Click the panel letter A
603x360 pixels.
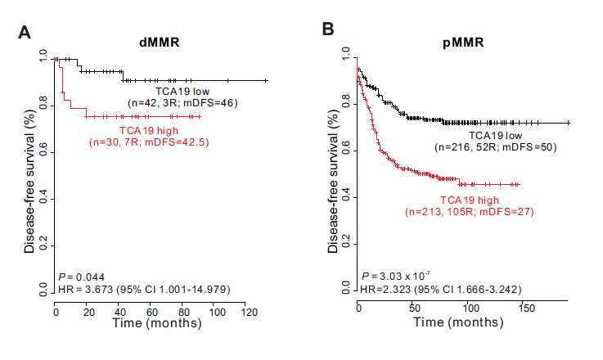pyautogui.click(x=25, y=32)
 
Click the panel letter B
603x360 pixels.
pyautogui.click(x=327, y=29)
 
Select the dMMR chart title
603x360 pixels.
pyautogui.click(x=160, y=42)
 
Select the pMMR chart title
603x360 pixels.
pyautogui.click(x=463, y=42)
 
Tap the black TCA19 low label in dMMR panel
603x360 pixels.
pyautogui.click(x=182, y=92)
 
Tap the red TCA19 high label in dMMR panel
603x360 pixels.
pyautogui.click(x=149, y=131)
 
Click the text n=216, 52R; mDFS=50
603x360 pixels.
pyautogui.click(x=496, y=147)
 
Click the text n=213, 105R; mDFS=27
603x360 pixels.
pyautogui.click(x=469, y=212)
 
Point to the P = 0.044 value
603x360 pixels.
pyautogui.click(x=81, y=277)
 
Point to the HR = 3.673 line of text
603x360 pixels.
pyautogui.click(x=144, y=290)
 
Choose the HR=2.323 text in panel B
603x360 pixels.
pyautogui.click(x=441, y=290)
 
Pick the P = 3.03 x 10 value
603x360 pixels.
pyautogui.click(x=396, y=277)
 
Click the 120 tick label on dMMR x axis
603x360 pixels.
pyautogui.click(x=250, y=312)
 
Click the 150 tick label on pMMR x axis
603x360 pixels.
pyautogui.click(x=526, y=308)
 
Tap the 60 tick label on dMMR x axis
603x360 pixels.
pyautogui.click(x=151, y=312)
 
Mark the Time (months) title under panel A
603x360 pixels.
pyautogui.click(x=157, y=322)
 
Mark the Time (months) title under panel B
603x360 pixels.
pyautogui.click(x=458, y=322)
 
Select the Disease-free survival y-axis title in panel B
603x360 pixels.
pyautogui.click(x=333, y=181)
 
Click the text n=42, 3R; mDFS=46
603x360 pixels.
pyautogui.click(x=182, y=103)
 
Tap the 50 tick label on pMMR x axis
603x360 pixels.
pyautogui.click(x=415, y=308)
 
